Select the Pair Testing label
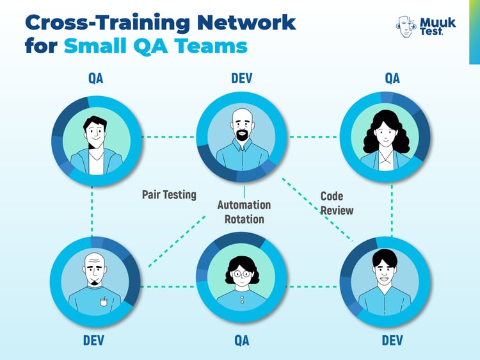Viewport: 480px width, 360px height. pyautogui.click(x=169, y=194)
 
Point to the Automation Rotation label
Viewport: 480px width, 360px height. pyautogui.click(x=244, y=211)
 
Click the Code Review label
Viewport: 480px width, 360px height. pyautogui.click(x=337, y=203)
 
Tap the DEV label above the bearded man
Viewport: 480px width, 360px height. pyautogui.click(x=241, y=79)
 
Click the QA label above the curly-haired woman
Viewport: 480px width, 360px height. pyautogui.click(x=392, y=79)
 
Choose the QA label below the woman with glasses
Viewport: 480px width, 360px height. pyautogui.click(x=241, y=340)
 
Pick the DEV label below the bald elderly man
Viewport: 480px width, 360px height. pyautogui.click(x=93, y=340)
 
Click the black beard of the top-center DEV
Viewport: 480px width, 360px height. pyautogui.click(x=243, y=136)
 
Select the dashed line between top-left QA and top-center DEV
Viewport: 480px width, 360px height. pyautogui.click(x=168, y=136)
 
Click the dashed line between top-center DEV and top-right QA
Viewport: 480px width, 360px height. pyautogui.click(x=314, y=136)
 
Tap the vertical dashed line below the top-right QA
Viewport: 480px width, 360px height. pyautogui.click(x=392, y=212)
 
